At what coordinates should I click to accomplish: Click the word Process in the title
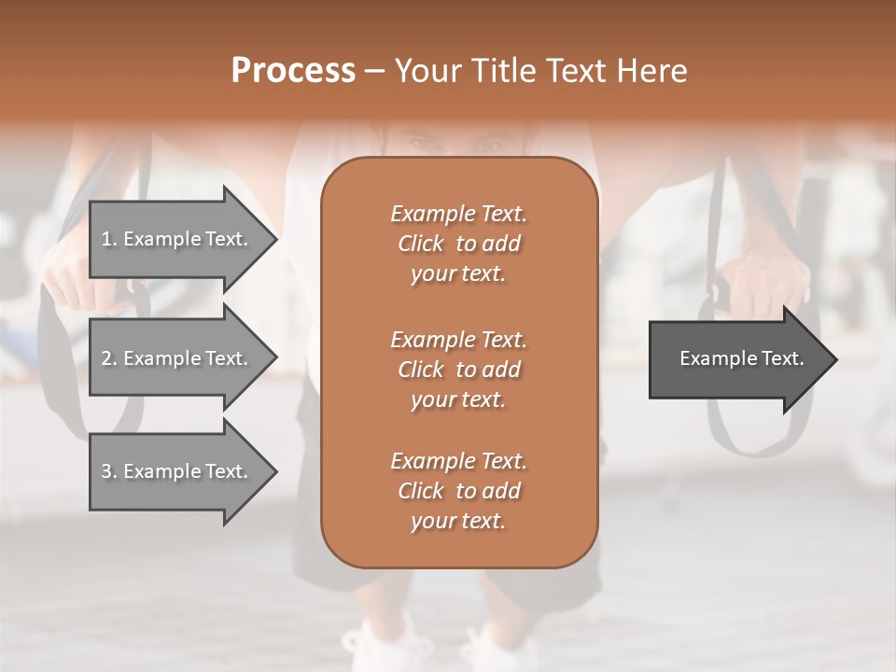(293, 71)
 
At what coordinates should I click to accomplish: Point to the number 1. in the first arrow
(109, 239)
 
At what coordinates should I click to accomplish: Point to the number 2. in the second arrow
(109, 358)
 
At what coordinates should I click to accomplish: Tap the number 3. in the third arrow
(109, 471)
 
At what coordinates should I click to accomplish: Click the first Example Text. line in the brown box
(458, 214)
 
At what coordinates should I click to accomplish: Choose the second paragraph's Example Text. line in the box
(458, 339)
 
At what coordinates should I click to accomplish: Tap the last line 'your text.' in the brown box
(458, 521)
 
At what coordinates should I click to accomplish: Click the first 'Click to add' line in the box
(458, 244)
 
